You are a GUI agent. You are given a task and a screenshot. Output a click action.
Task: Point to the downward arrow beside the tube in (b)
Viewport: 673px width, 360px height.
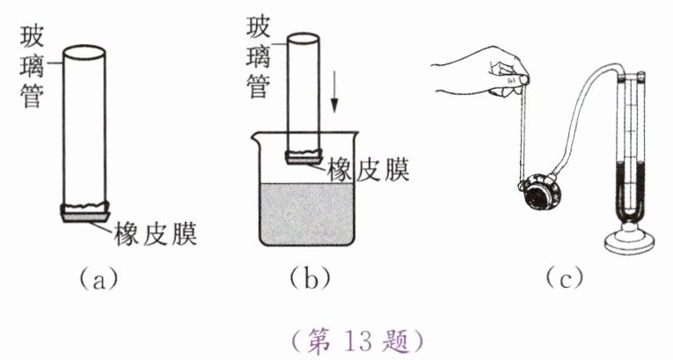click(335, 100)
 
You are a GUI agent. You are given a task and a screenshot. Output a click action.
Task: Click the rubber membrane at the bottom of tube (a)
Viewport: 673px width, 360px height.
click(84, 211)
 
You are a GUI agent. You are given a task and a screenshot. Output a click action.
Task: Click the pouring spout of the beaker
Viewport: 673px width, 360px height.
click(256, 134)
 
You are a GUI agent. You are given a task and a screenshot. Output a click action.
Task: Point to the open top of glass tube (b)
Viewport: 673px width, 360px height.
click(304, 38)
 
